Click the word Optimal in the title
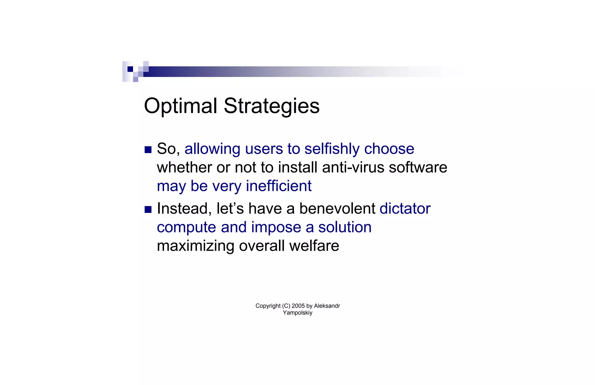point(180,106)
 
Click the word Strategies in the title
point(271,106)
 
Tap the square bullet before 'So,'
point(148,150)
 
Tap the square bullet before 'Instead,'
point(148,209)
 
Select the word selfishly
point(332,149)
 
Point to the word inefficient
point(279,186)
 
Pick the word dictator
point(405,209)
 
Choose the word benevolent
point(337,209)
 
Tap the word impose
point(276,227)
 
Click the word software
point(418,168)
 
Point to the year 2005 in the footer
point(298,306)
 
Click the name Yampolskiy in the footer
point(297,313)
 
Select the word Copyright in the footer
point(268,306)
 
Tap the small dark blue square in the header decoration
point(130,69)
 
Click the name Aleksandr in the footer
point(327,306)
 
